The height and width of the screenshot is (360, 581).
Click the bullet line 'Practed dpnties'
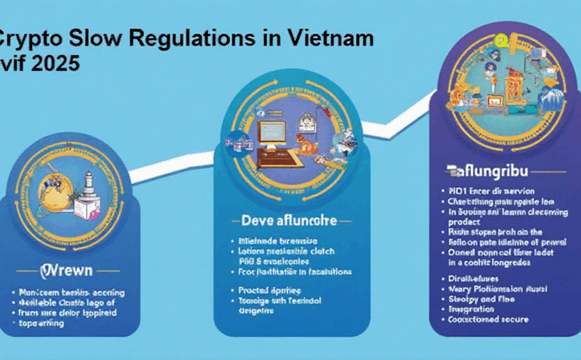(270, 290)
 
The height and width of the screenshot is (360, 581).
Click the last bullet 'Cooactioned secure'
(489, 319)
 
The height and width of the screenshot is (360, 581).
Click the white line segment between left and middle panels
(169, 170)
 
